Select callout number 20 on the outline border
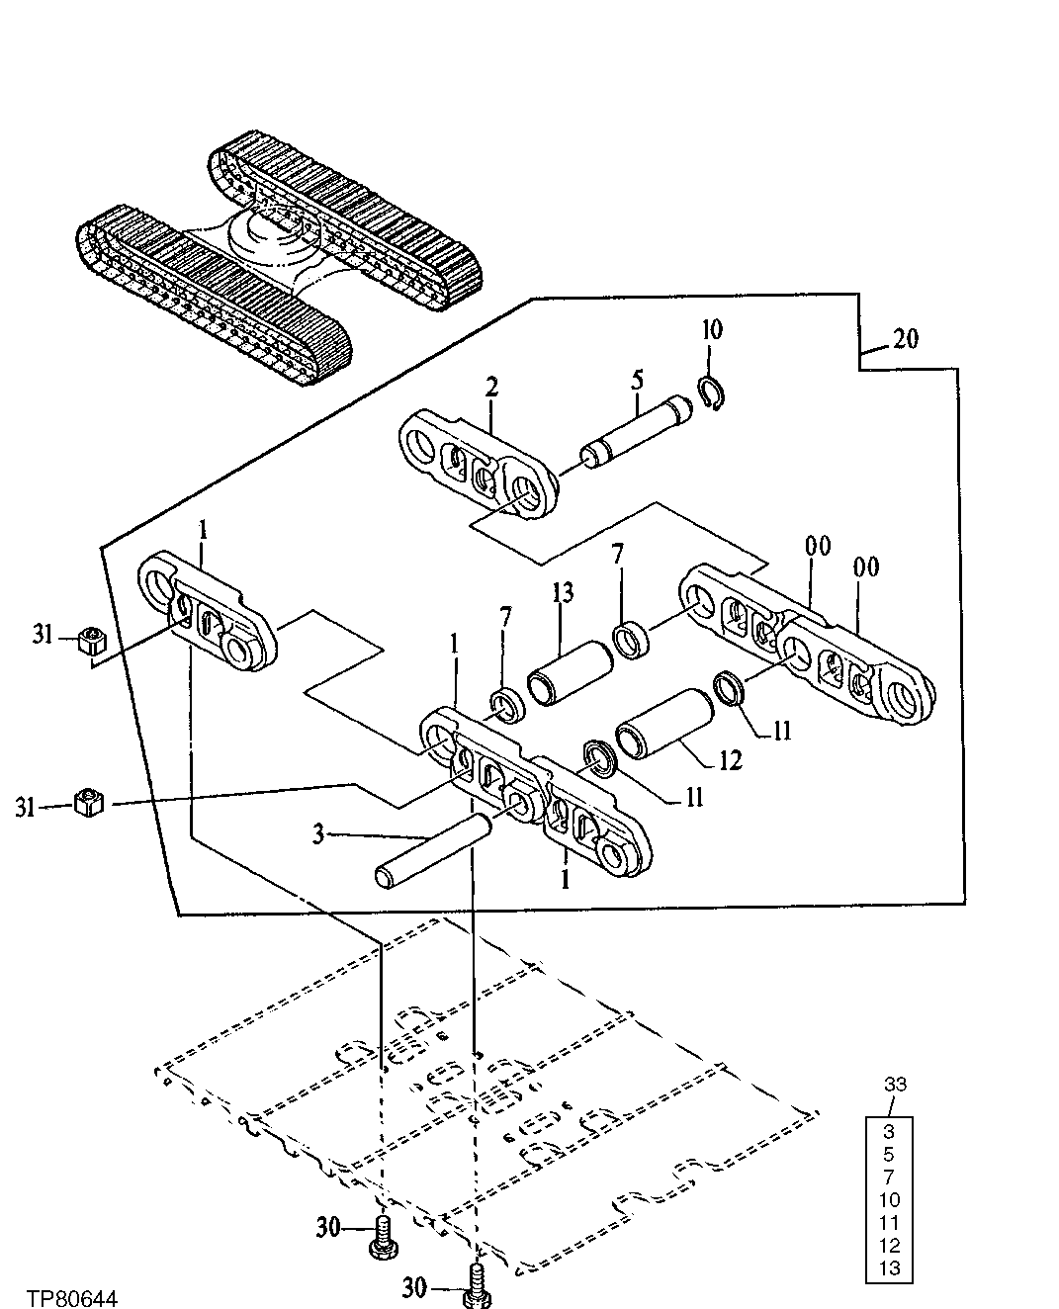click(904, 339)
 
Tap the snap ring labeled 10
click(712, 393)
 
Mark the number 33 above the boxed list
click(893, 1085)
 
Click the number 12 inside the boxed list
click(890, 1246)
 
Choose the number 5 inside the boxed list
click(890, 1154)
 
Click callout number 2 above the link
click(491, 388)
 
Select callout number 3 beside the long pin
click(318, 835)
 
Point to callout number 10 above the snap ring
click(712, 330)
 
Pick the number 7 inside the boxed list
click(890, 1177)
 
